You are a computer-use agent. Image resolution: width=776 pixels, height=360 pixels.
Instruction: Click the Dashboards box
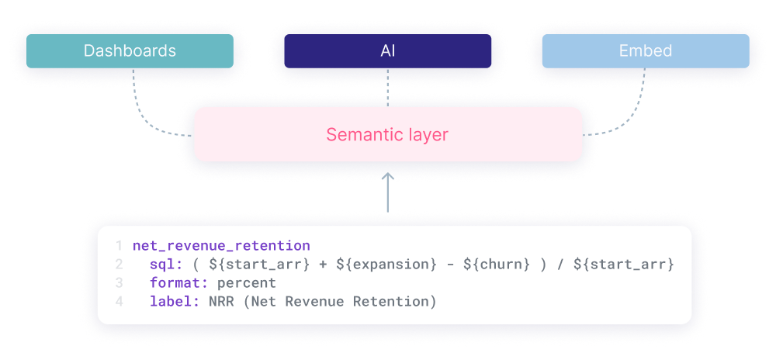[130, 51]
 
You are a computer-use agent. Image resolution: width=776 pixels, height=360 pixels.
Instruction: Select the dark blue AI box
[387, 51]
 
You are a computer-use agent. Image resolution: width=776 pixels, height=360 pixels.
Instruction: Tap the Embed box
[645, 51]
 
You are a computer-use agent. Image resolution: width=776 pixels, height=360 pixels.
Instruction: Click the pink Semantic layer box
[387, 134]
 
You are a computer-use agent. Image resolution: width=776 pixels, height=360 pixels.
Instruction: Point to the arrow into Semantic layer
[387, 194]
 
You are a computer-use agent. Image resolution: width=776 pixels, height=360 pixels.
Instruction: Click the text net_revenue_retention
[221, 246]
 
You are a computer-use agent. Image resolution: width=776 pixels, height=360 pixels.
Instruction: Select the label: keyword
[175, 301]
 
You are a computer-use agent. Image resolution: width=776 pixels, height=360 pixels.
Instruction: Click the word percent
[247, 283]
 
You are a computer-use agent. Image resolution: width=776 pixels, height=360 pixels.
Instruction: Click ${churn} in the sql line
[497, 265]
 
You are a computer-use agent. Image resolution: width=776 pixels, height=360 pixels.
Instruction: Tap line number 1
[119, 246]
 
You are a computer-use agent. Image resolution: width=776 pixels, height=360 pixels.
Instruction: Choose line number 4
[119, 301]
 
